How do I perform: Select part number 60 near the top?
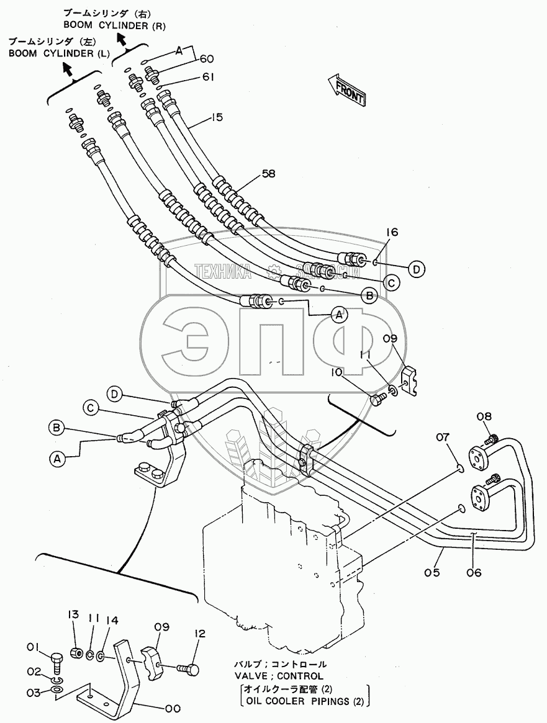tap(206, 60)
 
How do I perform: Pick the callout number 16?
tap(391, 232)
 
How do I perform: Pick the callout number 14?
tap(112, 619)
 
